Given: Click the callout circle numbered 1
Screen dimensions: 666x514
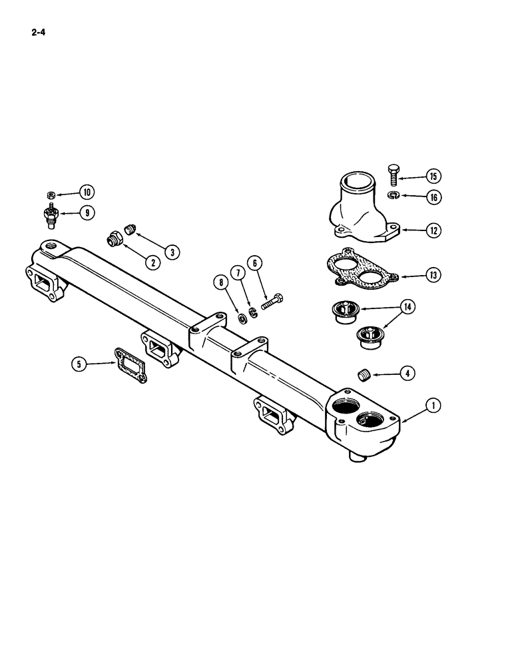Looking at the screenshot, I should pos(433,404).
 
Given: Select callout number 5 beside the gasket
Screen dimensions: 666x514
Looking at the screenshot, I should pos(80,364).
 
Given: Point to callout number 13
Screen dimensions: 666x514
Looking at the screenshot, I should pos(433,274).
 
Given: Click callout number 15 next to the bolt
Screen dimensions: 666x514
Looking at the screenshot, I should pos(433,176).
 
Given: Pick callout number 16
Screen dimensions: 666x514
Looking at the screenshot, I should pos(433,197).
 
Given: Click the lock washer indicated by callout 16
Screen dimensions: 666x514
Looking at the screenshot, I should pos(392,195).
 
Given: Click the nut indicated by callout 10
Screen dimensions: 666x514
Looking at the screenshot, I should pos(51,195).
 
